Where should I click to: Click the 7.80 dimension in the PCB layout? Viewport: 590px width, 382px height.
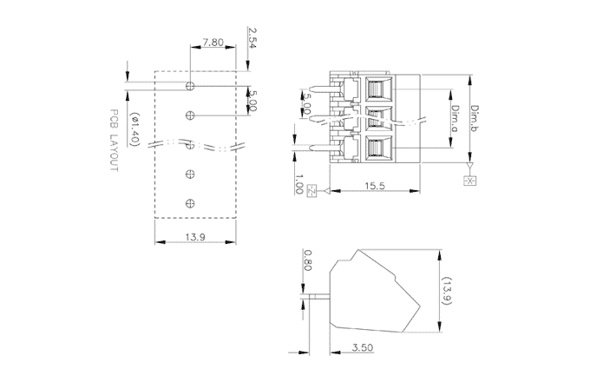(214, 42)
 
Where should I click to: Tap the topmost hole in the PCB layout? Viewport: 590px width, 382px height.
(190, 85)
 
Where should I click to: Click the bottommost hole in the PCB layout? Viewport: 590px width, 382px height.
(190, 203)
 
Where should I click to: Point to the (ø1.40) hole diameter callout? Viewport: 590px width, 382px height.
(134, 129)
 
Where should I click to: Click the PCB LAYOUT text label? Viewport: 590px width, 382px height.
(113, 142)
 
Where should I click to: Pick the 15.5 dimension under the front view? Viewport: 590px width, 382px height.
(375, 185)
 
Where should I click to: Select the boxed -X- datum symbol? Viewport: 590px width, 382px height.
(469, 180)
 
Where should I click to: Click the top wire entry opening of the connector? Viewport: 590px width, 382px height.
(377, 88)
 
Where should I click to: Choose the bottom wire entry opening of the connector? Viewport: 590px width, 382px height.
(377, 148)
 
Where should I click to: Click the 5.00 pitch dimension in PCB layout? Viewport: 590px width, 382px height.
(252, 100)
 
